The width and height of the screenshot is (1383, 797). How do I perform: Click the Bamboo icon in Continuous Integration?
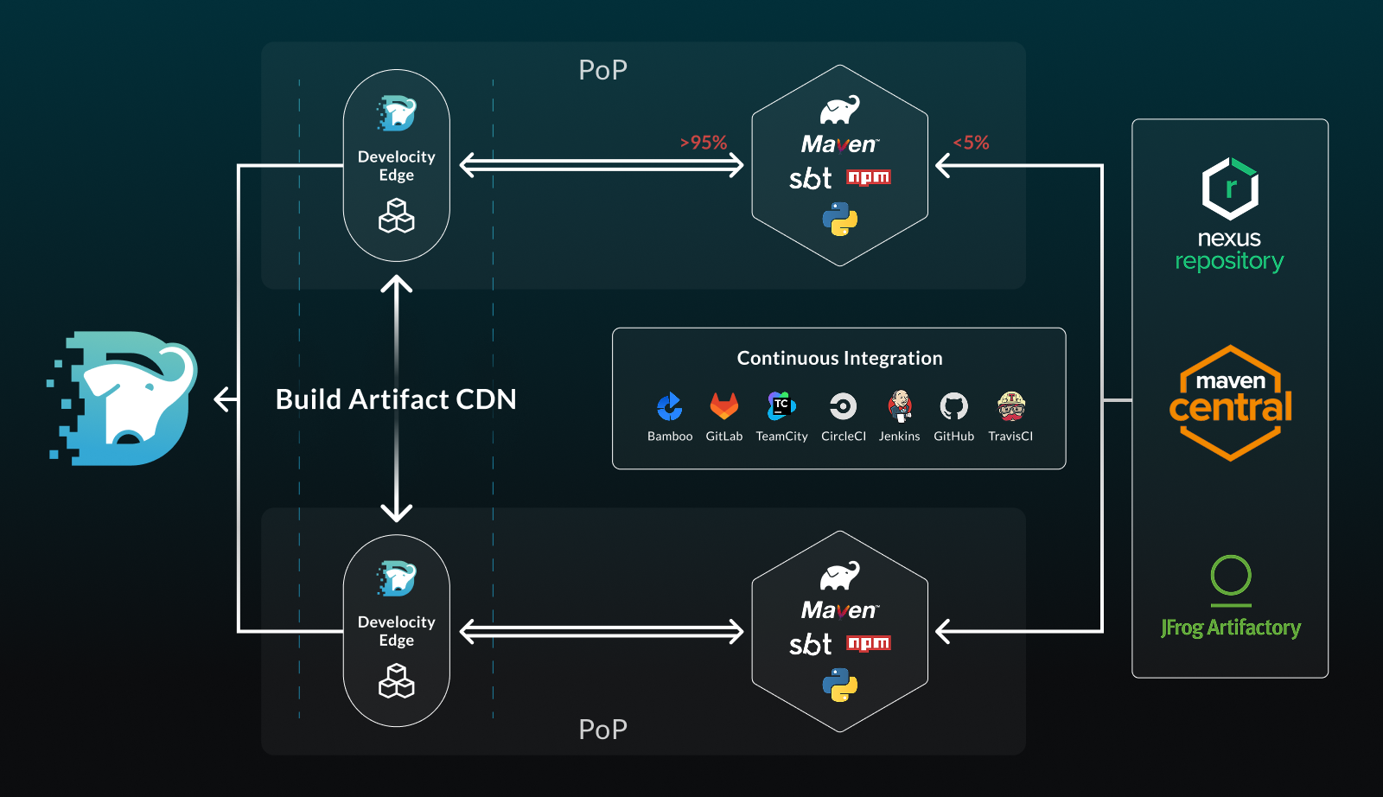click(x=669, y=406)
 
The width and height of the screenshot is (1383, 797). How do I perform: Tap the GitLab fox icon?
click(x=724, y=405)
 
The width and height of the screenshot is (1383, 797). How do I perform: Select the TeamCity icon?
click(x=781, y=405)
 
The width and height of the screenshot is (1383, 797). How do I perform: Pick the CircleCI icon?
click(x=843, y=406)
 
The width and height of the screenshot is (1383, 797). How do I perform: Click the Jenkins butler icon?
click(x=900, y=405)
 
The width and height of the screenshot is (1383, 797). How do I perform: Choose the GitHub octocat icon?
click(x=954, y=406)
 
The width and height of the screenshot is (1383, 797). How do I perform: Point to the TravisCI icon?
click(x=1011, y=405)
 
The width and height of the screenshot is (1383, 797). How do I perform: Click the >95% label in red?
click(x=704, y=143)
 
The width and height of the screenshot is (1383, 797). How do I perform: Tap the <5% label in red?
click(x=972, y=143)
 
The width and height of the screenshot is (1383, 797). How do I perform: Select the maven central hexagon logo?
click(x=1230, y=403)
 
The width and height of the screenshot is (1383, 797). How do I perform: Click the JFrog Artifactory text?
click(x=1231, y=628)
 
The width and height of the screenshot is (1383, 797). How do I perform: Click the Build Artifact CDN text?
click(x=396, y=399)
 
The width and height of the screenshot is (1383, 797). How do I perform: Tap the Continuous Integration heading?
click(x=839, y=358)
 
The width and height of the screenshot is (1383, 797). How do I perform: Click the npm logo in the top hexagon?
click(x=869, y=177)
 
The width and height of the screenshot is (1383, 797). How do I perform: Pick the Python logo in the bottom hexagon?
click(x=840, y=685)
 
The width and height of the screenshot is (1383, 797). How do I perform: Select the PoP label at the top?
click(x=602, y=70)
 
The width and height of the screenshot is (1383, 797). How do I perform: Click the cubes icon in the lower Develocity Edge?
click(x=397, y=680)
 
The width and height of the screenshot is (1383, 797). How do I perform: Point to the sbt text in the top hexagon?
click(x=810, y=178)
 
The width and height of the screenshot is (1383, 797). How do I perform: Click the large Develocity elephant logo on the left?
click(x=125, y=398)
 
